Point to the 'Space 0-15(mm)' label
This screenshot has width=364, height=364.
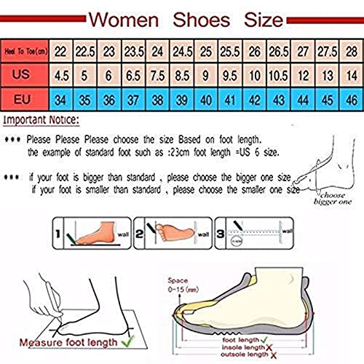(186, 285)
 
